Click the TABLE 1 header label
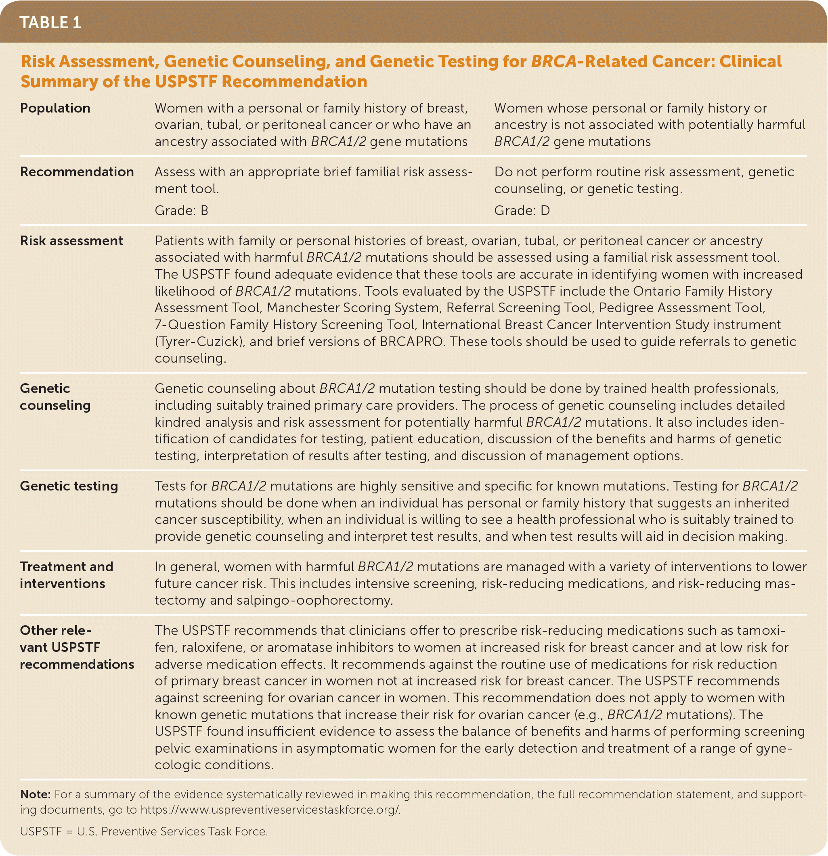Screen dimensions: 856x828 [50, 23]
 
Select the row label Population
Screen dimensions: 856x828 [55, 108]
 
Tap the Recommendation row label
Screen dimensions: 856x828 [77, 171]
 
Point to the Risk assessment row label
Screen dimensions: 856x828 [71, 241]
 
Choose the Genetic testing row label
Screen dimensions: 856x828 [69, 486]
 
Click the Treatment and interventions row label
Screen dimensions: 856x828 [67, 575]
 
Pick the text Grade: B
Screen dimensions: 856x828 [181, 211]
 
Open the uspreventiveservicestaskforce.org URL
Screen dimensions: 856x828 [270, 809]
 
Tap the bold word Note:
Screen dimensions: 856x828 [36, 794]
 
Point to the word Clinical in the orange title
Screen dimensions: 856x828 [750, 61]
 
